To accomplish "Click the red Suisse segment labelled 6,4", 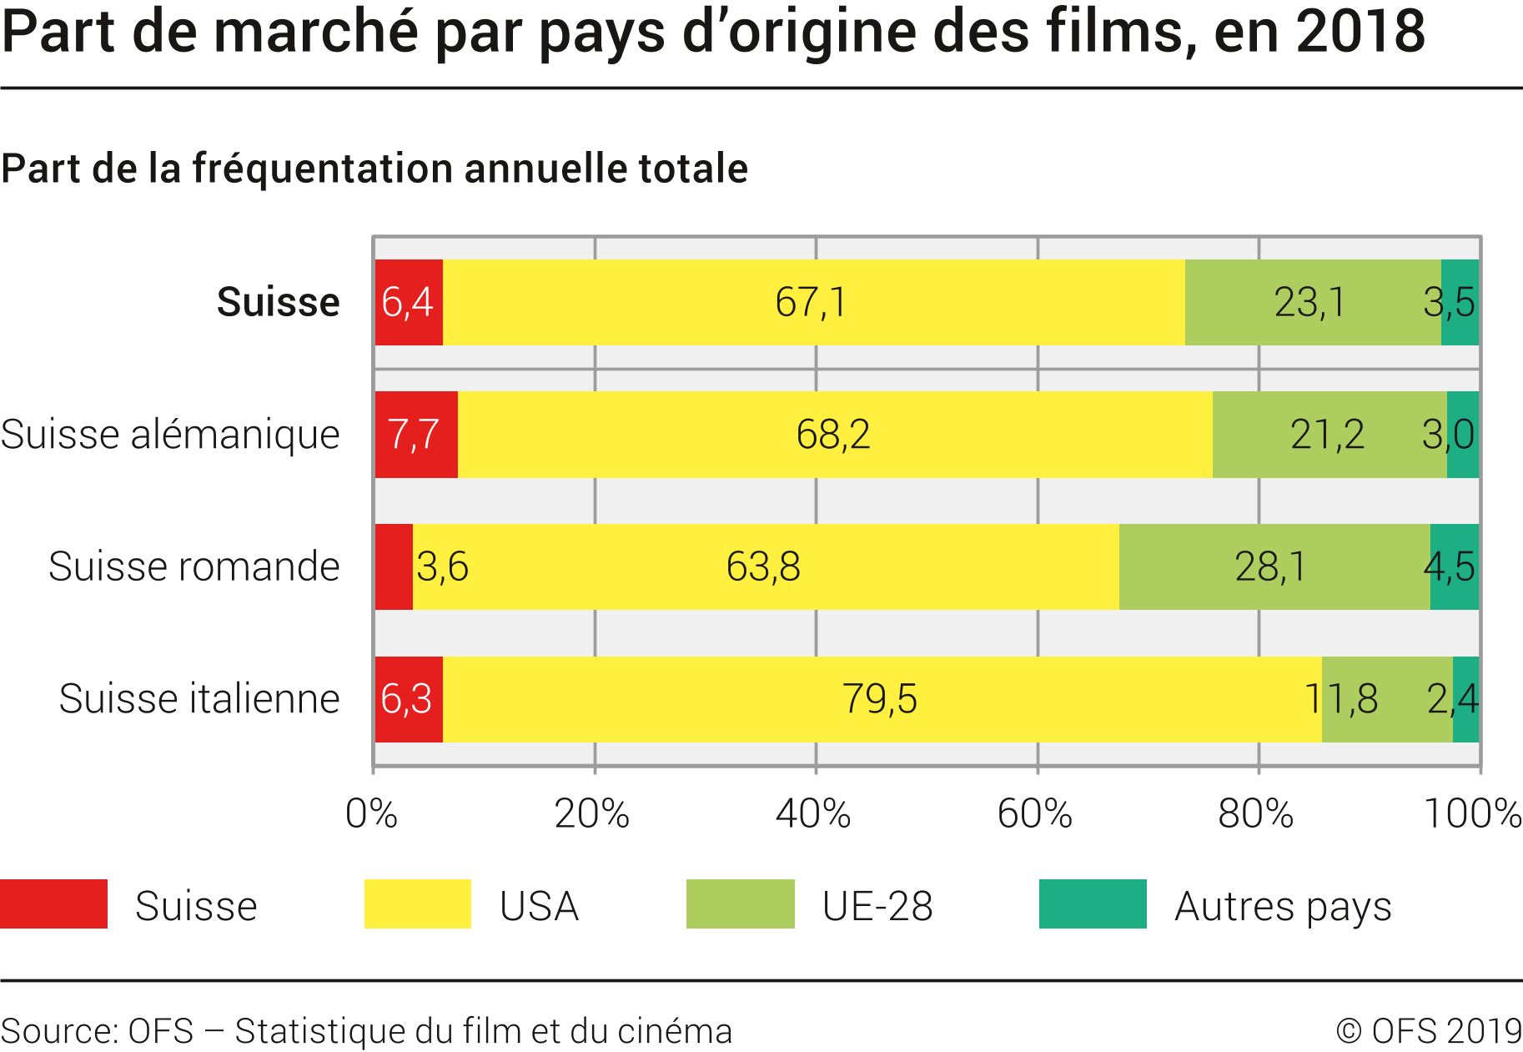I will point(409,302).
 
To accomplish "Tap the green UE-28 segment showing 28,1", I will point(1274,566).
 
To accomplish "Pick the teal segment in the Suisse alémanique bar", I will point(1463,435).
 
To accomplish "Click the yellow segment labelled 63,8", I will point(765,566).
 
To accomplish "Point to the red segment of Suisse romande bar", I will point(394,566).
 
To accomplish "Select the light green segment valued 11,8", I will point(1387,699).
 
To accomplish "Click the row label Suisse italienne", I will point(199,699).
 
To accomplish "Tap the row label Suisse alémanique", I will point(170,435).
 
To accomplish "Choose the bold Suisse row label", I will point(278,302).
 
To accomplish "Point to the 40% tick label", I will point(813,813).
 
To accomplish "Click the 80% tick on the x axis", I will point(1256,813).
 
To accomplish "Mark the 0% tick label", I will point(371,813).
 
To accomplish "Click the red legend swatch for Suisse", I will point(53,904).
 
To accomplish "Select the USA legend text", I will point(539,906).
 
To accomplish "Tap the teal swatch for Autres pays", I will point(1093,904).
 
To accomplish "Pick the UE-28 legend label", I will point(877,906).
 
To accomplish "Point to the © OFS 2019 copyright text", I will point(1429,1031).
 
